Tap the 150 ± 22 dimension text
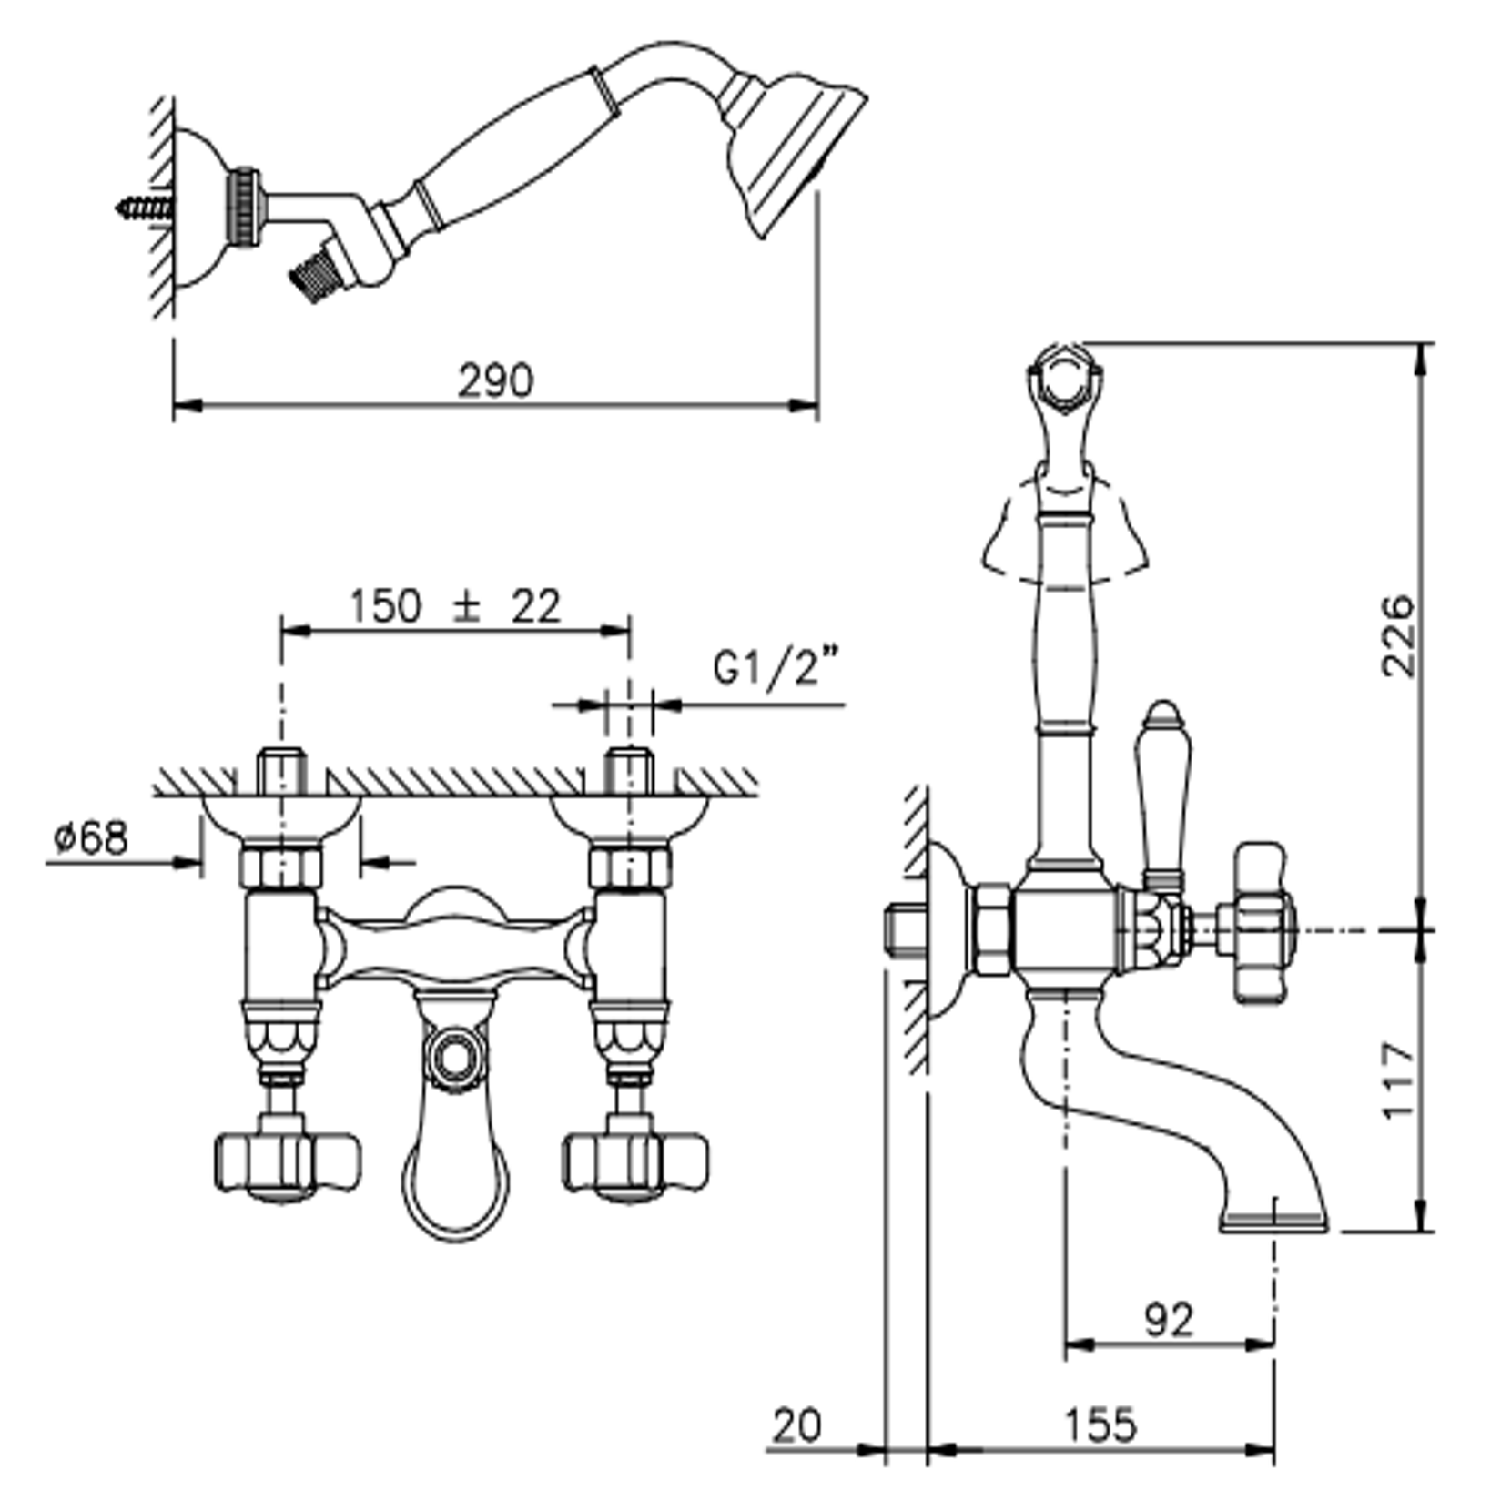(x=455, y=605)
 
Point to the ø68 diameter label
(x=91, y=837)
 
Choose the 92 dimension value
(x=1169, y=1319)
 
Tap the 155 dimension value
(x=1100, y=1425)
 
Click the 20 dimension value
(x=797, y=1425)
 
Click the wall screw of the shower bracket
(x=146, y=208)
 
